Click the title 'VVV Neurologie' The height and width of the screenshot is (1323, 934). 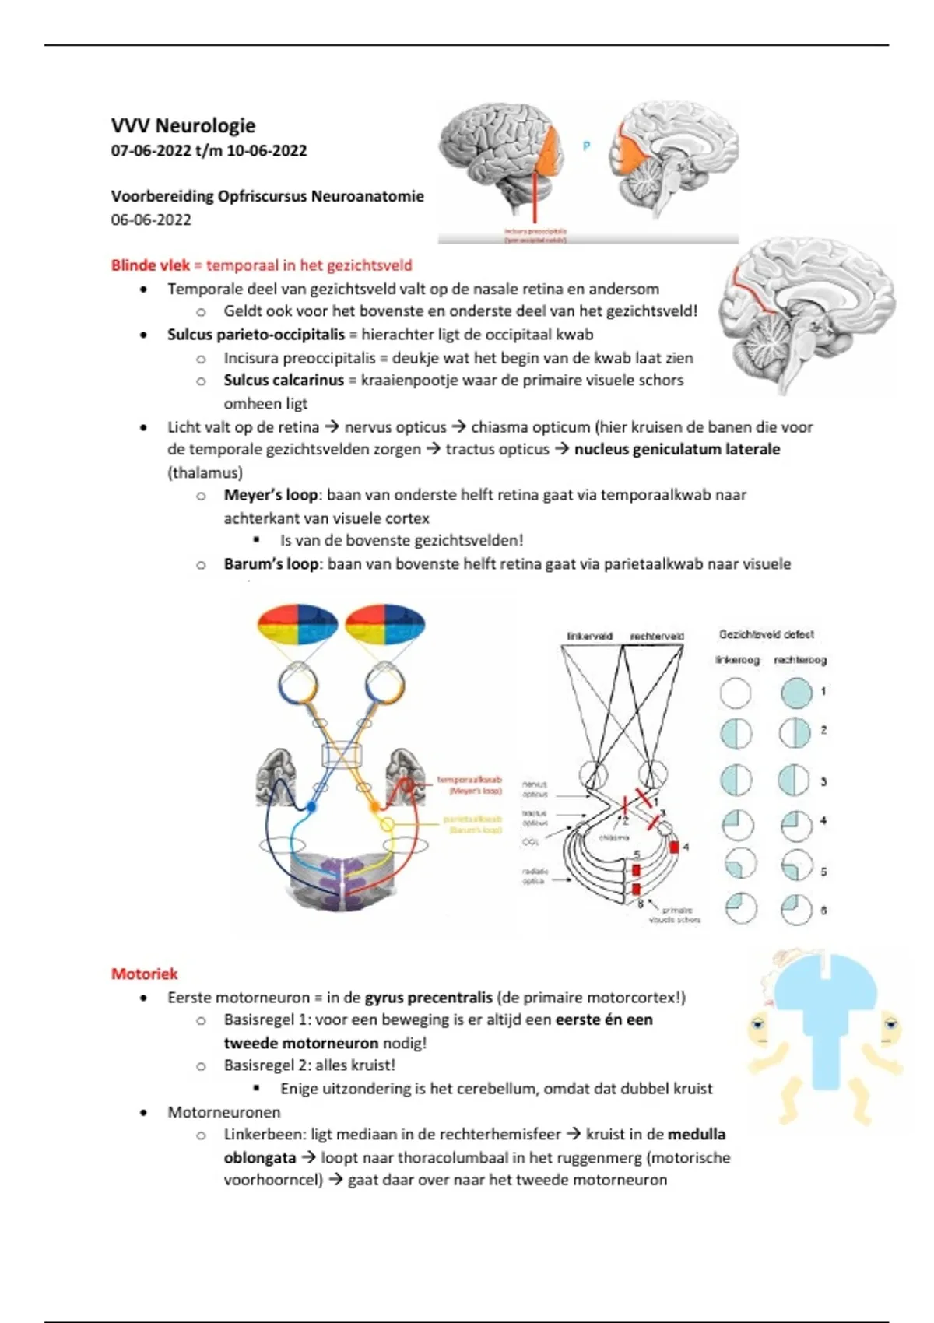point(183,125)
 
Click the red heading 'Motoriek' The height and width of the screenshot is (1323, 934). point(144,974)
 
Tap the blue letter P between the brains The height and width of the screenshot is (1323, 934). point(586,146)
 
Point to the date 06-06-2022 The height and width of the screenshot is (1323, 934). point(151,219)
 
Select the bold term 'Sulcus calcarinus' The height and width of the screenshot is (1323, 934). point(283,381)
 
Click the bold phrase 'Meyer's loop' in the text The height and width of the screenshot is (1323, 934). point(270,495)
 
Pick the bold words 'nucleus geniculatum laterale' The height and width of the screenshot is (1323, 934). point(677,449)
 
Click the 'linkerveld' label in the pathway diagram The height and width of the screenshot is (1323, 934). point(589,636)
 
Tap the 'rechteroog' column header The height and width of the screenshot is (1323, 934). point(799,660)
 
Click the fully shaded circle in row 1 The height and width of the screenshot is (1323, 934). point(795,692)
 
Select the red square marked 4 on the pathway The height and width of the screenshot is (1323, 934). point(674,847)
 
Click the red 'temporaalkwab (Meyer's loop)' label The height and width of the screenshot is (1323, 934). point(469,784)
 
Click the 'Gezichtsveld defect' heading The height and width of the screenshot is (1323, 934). point(766,634)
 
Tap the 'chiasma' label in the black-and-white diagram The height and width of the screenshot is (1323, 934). point(613,837)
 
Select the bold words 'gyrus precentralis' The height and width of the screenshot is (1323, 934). point(428,997)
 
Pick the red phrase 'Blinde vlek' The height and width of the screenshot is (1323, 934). point(149,265)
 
